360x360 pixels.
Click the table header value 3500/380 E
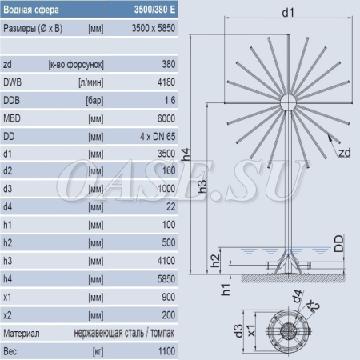tap(154, 10)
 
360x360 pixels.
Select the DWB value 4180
tap(166, 82)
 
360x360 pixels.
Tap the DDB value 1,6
tap(170, 101)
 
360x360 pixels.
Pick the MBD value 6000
tap(166, 118)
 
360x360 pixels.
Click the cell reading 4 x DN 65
tap(158, 137)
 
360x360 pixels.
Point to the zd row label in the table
tap(7, 65)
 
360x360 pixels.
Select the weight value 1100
tap(166, 351)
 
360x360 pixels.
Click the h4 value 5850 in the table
tap(166, 279)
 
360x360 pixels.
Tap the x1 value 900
tap(169, 297)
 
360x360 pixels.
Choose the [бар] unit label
tap(94, 101)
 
